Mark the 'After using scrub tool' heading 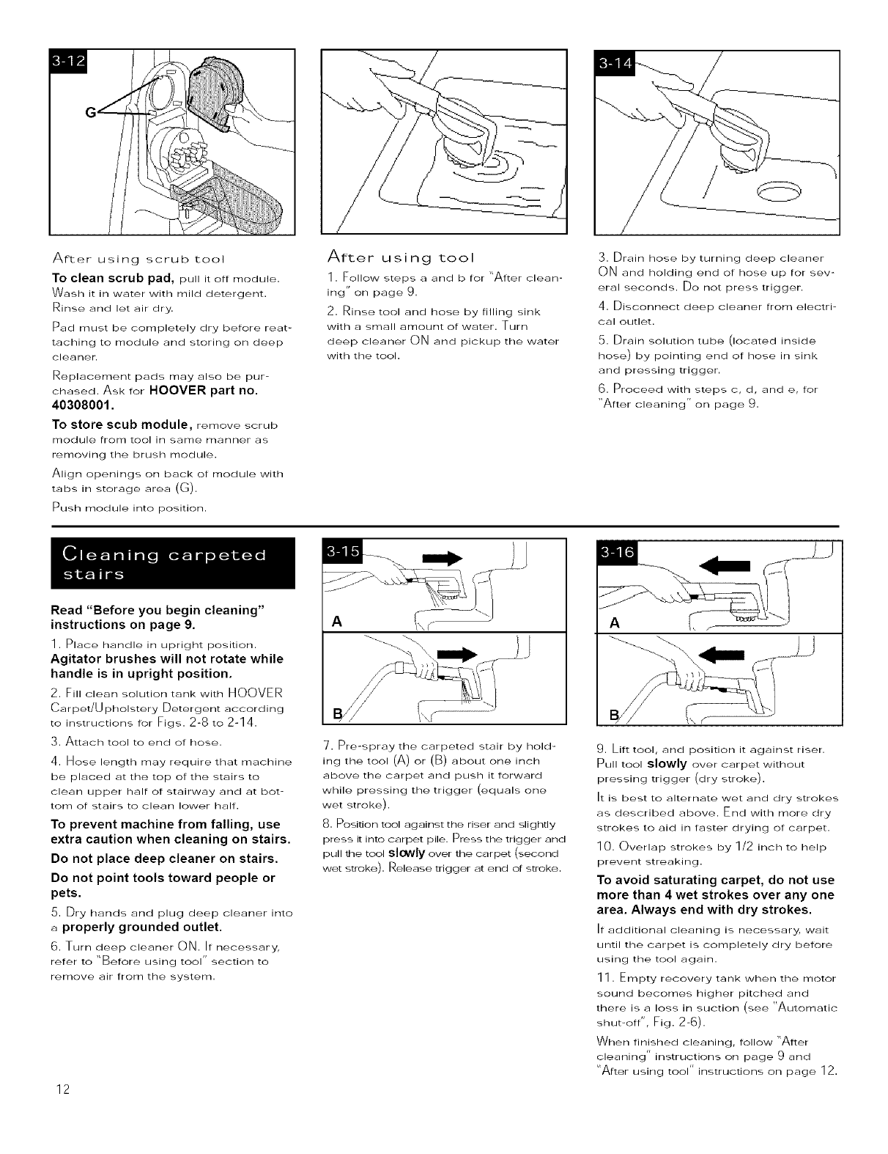click(137, 259)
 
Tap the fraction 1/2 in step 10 click(740, 847)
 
